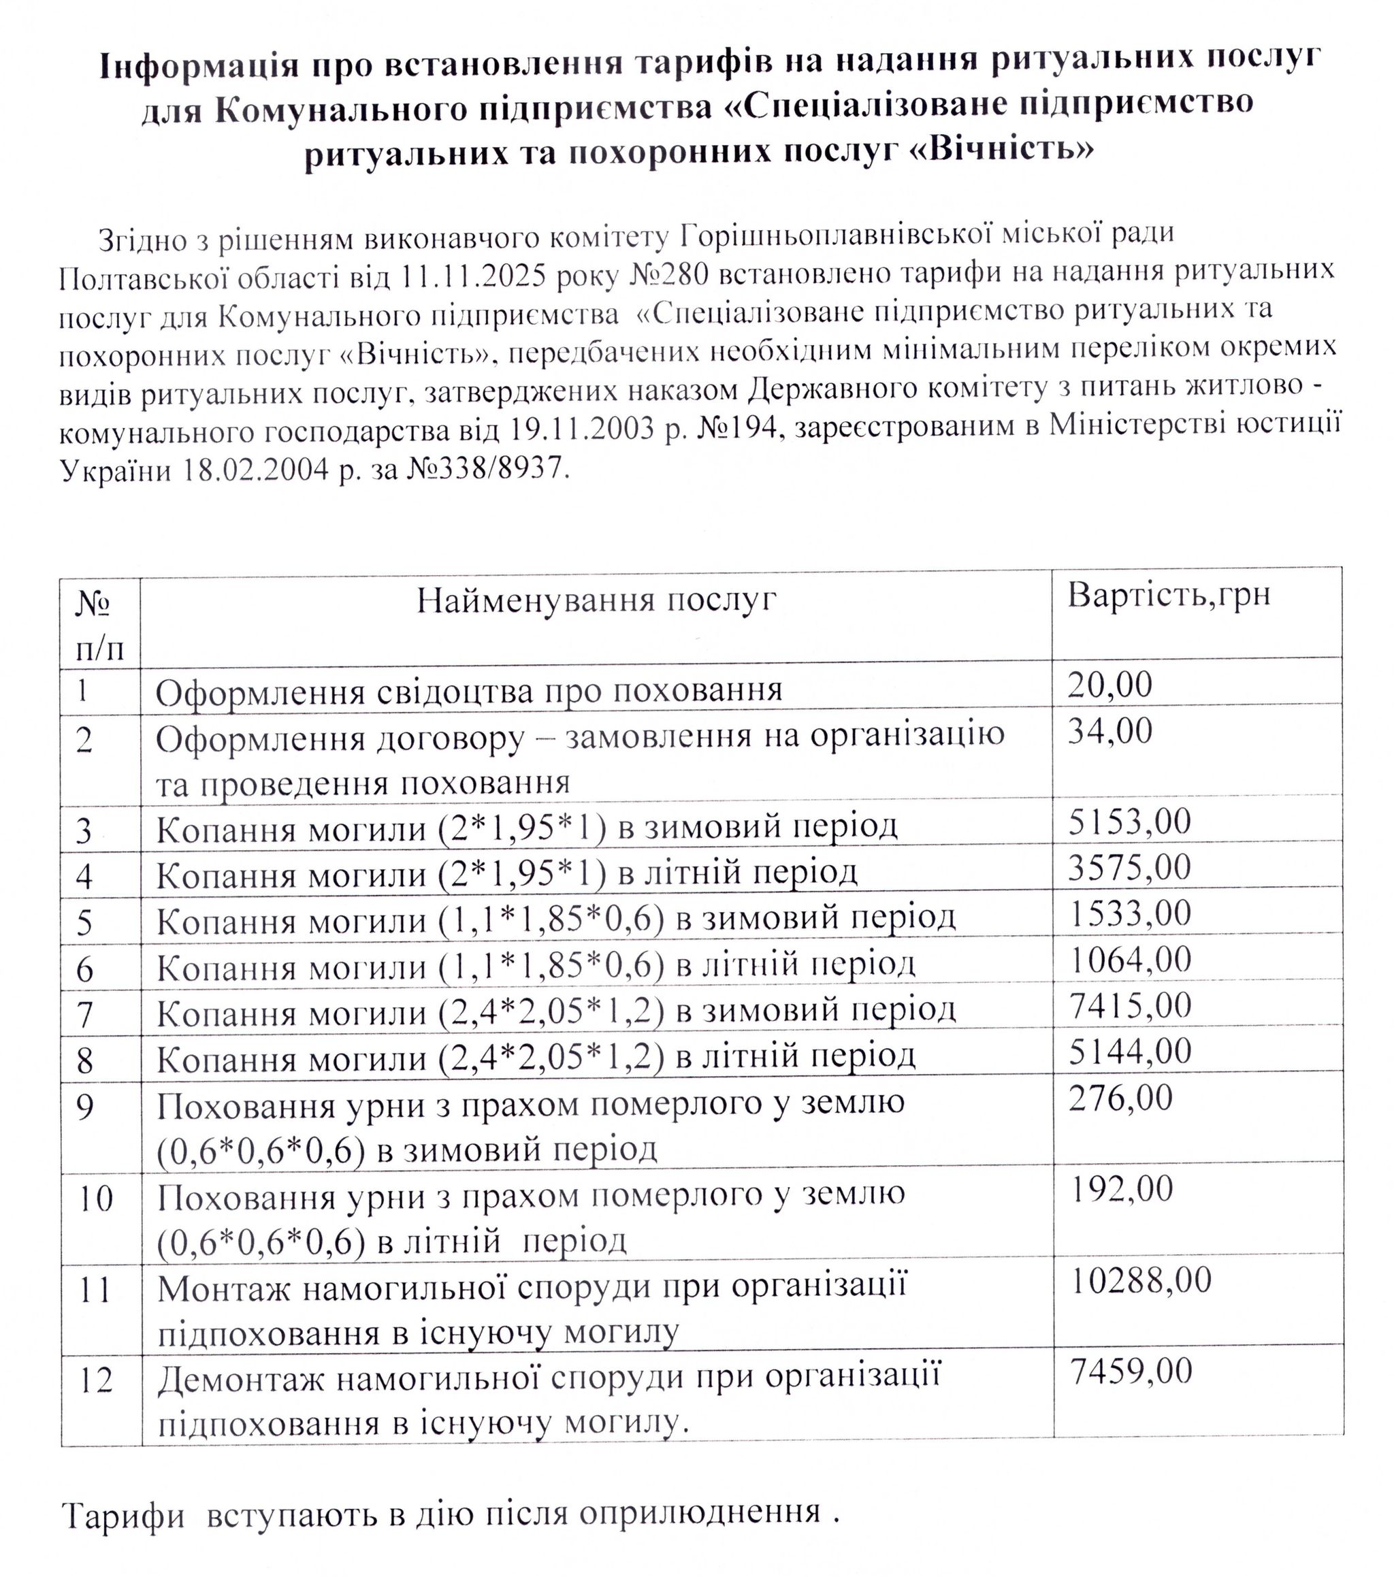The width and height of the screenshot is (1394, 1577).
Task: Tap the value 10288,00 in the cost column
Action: [1141, 1280]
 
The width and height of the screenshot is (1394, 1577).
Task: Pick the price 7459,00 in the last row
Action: [1131, 1371]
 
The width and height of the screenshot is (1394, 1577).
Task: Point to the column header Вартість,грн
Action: [1168, 594]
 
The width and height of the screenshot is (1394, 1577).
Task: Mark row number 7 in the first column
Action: [85, 1015]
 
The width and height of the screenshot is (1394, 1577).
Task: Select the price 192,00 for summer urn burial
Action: [1122, 1189]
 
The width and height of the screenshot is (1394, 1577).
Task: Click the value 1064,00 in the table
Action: [1130, 959]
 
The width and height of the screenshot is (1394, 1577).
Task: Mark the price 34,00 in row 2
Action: [1109, 730]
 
